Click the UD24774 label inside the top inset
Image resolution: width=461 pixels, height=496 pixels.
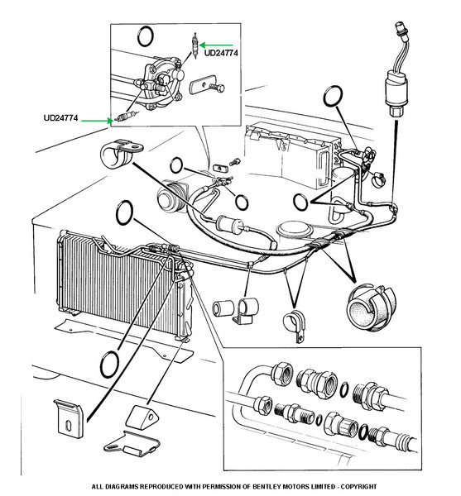[221, 53]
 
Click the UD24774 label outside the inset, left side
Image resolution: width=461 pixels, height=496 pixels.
[60, 118]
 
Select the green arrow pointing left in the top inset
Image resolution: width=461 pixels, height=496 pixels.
[216, 45]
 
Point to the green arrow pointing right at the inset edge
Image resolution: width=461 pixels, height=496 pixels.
[97, 120]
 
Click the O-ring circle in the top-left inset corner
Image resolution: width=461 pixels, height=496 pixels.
[146, 36]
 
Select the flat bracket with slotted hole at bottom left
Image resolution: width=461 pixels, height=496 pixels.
[69, 418]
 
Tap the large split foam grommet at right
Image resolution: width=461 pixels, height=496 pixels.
[371, 307]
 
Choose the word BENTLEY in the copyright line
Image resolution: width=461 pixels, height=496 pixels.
[267, 487]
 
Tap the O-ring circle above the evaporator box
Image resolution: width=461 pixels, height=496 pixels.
[333, 96]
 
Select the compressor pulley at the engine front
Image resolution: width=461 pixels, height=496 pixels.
[172, 197]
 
